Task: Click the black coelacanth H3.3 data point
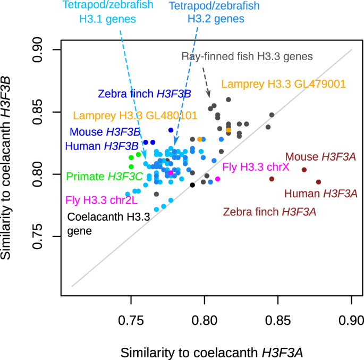tap(192, 185)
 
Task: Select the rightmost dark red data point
tap(318, 182)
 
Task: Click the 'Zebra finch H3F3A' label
tap(269, 212)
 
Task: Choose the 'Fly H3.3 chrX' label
tap(256, 167)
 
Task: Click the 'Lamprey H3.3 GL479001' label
tap(284, 84)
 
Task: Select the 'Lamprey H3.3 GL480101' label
tap(135, 115)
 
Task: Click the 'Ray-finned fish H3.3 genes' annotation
tap(248, 56)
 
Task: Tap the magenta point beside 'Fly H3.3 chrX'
tap(217, 179)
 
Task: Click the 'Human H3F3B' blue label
tap(102, 145)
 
